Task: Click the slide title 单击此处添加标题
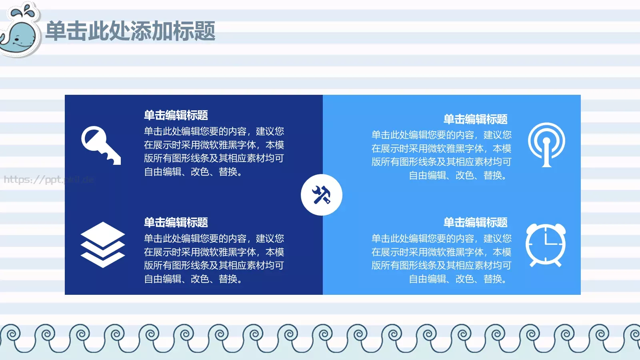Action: click(x=130, y=31)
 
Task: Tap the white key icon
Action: click(x=100, y=145)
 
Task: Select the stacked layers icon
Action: click(x=102, y=244)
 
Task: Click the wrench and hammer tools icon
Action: click(x=321, y=195)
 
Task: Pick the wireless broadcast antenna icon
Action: click(x=546, y=144)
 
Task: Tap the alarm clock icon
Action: click(x=546, y=244)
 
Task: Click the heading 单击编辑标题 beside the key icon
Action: click(x=176, y=115)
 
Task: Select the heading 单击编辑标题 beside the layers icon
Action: click(x=176, y=222)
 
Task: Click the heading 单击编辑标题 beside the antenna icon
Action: click(x=475, y=119)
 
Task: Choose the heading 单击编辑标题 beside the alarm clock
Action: click(x=475, y=222)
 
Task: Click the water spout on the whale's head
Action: click(x=24, y=11)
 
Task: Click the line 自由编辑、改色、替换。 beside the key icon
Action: click(x=193, y=172)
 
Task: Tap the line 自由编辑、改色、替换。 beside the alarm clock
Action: click(x=458, y=279)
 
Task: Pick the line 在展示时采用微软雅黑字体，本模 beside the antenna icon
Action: click(x=441, y=148)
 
